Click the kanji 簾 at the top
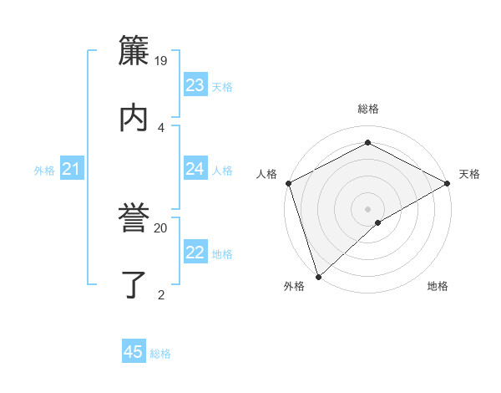coord(134,51)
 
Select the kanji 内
coord(134,117)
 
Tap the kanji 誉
coord(134,218)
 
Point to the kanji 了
coord(134,284)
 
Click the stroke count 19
coord(161,60)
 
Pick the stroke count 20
coord(161,227)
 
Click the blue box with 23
coord(195,85)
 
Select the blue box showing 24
coord(195,169)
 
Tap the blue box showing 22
coord(195,253)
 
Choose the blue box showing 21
coord(71,170)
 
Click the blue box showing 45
coord(134,352)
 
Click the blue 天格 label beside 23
coord(222,86)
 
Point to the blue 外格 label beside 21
coord(44,171)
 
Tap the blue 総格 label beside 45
coord(160,354)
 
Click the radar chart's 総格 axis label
coord(368,109)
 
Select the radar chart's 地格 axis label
coord(438,287)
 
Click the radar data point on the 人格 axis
coord(288,183)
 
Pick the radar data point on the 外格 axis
coord(318,277)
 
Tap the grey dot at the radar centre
coord(368,208)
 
